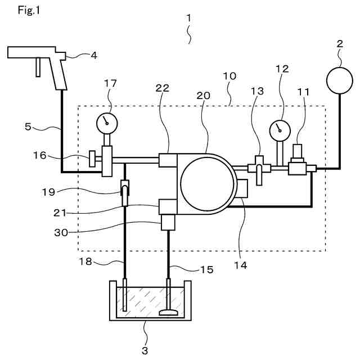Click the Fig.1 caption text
29,10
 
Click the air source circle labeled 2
340,80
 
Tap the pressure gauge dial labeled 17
107,123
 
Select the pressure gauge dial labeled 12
280,130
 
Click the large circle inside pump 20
208,184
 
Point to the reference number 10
229,76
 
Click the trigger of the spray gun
38,67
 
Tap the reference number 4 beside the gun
94,55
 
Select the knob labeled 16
92,159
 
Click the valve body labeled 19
125,193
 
